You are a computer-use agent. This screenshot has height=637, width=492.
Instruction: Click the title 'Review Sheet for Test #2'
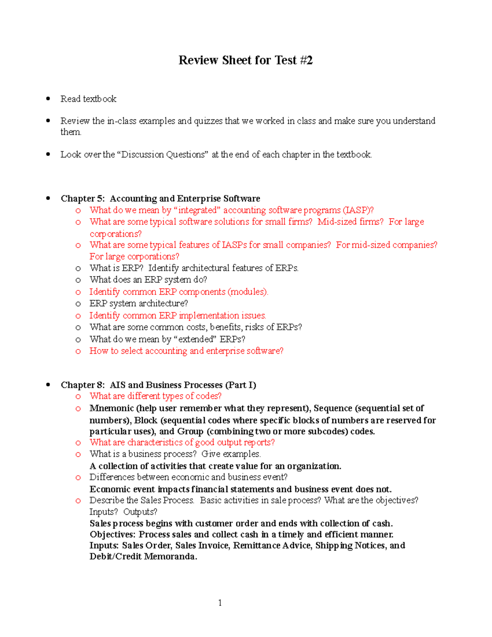[245, 60]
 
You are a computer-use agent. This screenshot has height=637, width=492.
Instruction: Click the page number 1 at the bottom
[220, 603]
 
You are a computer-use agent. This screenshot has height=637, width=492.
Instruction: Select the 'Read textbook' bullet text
[88, 99]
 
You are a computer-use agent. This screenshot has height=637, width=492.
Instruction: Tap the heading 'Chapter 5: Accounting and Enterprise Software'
[160, 199]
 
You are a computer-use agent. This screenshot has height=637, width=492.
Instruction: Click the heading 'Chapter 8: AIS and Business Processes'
[158, 385]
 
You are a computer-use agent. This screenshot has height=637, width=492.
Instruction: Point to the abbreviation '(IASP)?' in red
[358, 210]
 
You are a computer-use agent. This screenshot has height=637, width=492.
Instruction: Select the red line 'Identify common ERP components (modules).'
[179, 292]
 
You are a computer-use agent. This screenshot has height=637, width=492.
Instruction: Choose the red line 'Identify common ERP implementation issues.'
[178, 315]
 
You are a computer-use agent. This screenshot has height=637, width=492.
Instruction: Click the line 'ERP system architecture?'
[139, 304]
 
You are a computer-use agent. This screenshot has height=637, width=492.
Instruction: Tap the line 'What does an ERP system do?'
[148, 280]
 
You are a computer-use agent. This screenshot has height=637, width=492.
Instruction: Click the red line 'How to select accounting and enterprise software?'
[186, 351]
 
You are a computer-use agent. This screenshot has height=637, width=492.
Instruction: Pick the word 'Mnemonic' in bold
[112, 409]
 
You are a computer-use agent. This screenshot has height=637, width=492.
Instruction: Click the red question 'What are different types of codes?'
[155, 396]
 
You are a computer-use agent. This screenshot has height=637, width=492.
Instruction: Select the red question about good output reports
[182, 442]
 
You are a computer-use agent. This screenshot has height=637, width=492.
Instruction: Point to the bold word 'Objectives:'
[113, 534]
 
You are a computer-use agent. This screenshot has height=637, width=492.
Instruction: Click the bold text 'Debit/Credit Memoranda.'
[143, 557]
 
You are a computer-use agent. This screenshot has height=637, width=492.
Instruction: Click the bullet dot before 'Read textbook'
[48, 98]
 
